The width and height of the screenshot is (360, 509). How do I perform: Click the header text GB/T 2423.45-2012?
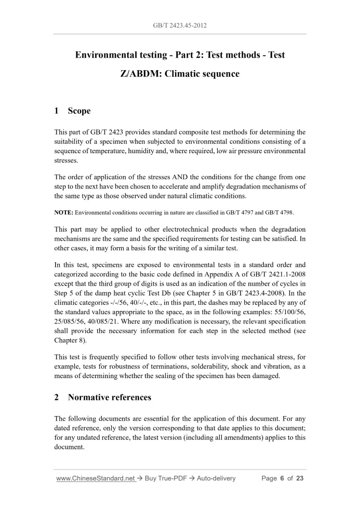point(180,25)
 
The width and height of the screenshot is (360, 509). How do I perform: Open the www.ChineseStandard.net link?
point(96,478)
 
